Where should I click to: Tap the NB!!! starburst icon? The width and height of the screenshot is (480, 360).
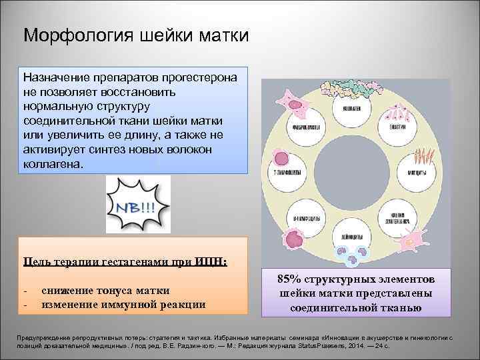click(138, 204)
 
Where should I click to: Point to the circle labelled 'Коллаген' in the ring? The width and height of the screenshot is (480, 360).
click(351, 108)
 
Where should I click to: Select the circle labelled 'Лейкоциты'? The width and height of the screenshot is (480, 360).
click(351, 235)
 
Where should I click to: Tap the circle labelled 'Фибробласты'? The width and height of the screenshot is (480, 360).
click(310, 127)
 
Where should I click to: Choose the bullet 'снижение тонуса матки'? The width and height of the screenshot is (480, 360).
click(105, 291)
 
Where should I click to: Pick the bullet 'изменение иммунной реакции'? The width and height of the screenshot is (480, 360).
click(123, 305)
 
